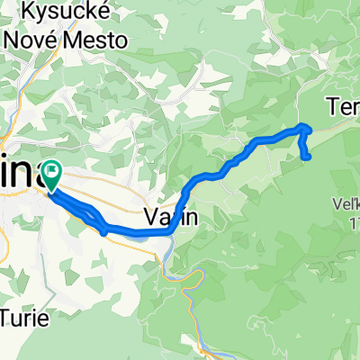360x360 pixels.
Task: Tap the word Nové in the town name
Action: click(31, 40)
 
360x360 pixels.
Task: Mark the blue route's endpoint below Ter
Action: click(308, 157)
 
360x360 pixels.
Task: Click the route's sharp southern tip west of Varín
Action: click(106, 232)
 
